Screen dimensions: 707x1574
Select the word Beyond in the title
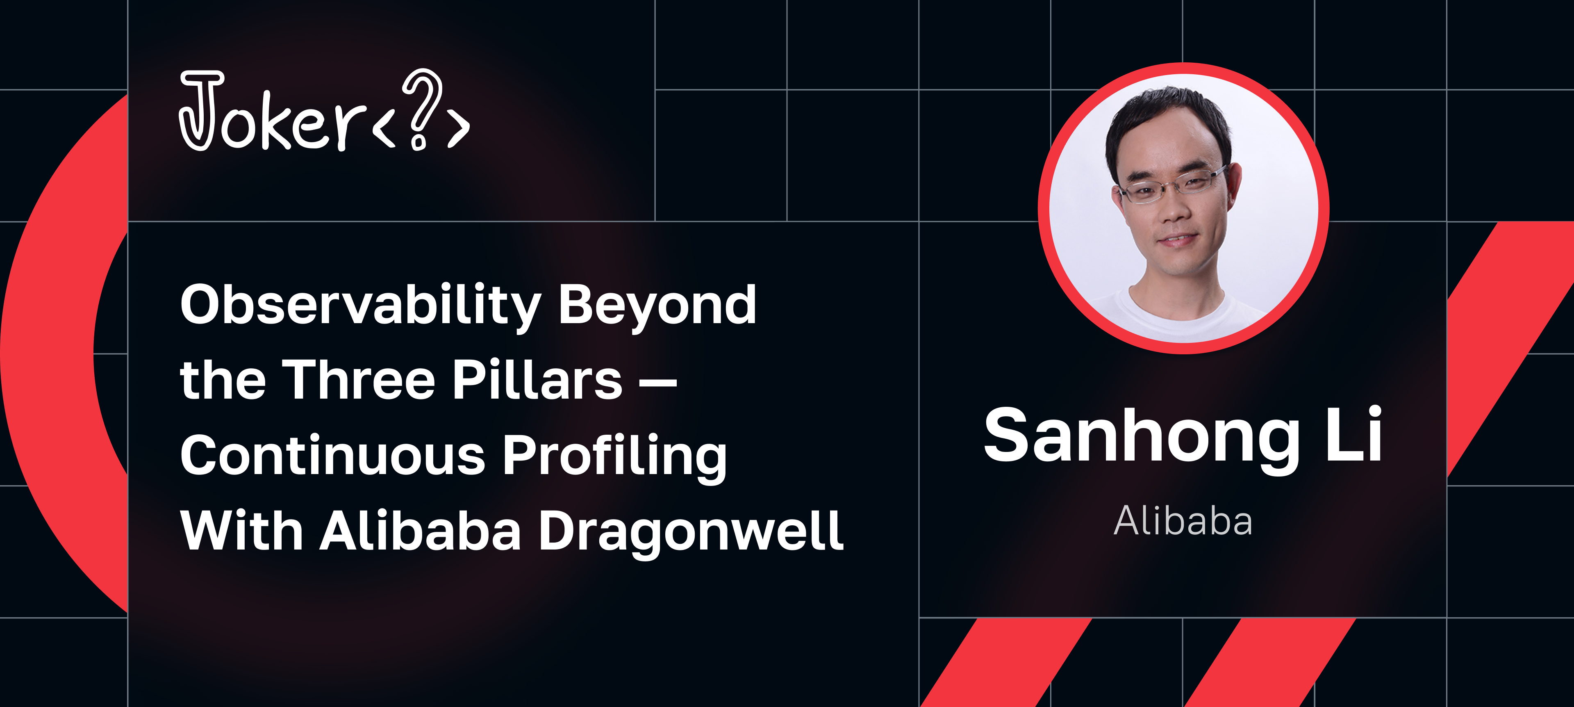coord(657,306)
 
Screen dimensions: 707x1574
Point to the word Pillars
coord(538,380)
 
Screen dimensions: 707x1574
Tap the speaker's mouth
coord(1177,239)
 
